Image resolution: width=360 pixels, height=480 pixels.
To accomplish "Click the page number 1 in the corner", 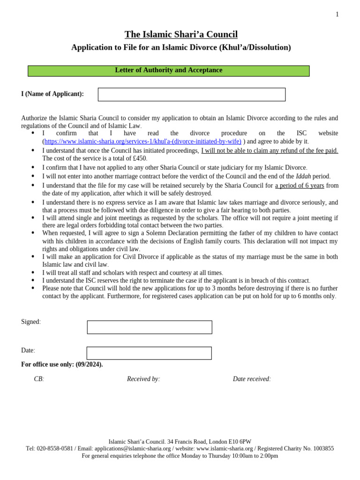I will click(x=337, y=15).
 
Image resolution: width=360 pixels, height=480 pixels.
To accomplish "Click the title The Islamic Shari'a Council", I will click(x=181, y=34).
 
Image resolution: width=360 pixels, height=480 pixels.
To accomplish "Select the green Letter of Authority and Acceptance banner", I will click(x=169, y=71).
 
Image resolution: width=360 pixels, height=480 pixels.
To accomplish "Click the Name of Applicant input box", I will click(x=191, y=94).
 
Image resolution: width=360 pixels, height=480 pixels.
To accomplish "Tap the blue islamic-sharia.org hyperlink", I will click(x=142, y=142).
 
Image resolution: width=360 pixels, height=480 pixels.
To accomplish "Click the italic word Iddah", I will click(x=303, y=176).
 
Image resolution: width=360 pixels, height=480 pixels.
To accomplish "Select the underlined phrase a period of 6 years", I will click(x=299, y=186).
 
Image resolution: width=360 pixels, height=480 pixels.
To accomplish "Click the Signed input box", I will click(x=150, y=327).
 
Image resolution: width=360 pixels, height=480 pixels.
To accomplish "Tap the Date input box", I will click(x=149, y=353).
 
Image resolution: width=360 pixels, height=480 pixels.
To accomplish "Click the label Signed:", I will click(x=31, y=322).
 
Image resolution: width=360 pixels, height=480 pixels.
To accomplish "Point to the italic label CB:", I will click(x=39, y=379).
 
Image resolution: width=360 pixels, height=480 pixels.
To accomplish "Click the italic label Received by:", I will click(x=143, y=379).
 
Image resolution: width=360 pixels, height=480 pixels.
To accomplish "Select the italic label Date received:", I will click(x=252, y=379).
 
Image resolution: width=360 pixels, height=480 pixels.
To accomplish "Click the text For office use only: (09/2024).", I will click(x=62, y=365).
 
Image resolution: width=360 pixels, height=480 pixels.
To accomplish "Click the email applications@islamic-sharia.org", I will click(x=133, y=449).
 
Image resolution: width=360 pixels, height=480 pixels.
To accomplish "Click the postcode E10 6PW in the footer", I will click(x=240, y=442).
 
